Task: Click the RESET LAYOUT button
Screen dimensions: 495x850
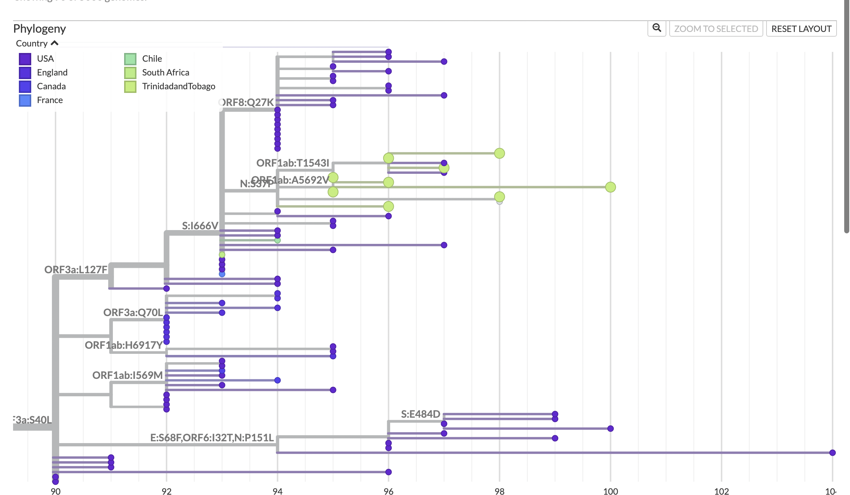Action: coord(801,29)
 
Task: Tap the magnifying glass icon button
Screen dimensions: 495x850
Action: coord(657,28)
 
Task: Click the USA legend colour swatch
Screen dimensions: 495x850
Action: coord(25,59)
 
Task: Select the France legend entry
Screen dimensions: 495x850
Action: coord(50,100)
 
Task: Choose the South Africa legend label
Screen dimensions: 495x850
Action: coord(165,73)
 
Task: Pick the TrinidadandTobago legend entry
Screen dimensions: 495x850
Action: coord(179,86)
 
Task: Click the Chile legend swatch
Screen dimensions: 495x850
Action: coord(130,59)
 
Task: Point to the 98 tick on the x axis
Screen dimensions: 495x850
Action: coord(499,491)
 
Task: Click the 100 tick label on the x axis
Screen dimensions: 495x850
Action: coord(610,491)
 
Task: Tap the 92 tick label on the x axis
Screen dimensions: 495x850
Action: coord(167,491)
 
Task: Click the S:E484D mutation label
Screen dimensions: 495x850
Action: coord(420,414)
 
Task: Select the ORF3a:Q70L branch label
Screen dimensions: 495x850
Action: coord(133,312)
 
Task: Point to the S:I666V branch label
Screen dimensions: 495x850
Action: coord(200,226)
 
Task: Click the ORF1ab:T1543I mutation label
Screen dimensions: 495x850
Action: coord(293,163)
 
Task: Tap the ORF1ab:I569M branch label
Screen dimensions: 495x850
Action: coord(127,375)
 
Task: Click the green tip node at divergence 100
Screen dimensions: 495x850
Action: coord(610,187)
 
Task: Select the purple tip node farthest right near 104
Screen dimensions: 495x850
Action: coord(833,453)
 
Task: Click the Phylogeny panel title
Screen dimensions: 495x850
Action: coord(40,29)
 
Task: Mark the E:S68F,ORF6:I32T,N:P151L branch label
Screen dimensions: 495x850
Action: coord(212,438)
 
